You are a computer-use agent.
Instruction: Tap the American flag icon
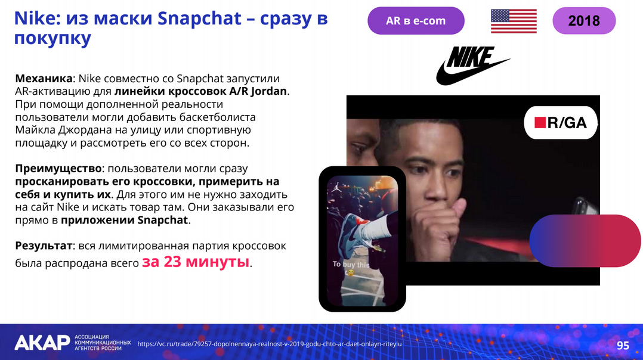514,21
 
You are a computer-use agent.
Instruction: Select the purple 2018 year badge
584,20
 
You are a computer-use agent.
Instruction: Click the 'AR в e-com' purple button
416,20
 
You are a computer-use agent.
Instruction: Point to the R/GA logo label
561,122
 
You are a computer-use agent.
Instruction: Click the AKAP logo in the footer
42,343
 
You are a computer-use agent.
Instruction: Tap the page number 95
623,345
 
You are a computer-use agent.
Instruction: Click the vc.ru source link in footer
270,344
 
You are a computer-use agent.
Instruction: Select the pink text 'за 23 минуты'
196,261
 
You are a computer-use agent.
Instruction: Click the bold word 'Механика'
44,78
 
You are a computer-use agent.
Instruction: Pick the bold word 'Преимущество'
58,169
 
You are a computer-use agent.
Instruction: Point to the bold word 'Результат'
44,246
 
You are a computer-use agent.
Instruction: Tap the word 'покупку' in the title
52,38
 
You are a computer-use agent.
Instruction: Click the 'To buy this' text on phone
351,265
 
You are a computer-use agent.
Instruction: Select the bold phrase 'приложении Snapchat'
124,220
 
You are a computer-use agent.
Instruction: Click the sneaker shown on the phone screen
356,231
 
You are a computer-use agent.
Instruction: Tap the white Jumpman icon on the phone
337,188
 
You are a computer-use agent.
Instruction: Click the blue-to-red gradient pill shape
585,241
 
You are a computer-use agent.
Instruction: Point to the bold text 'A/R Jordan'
258,91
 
